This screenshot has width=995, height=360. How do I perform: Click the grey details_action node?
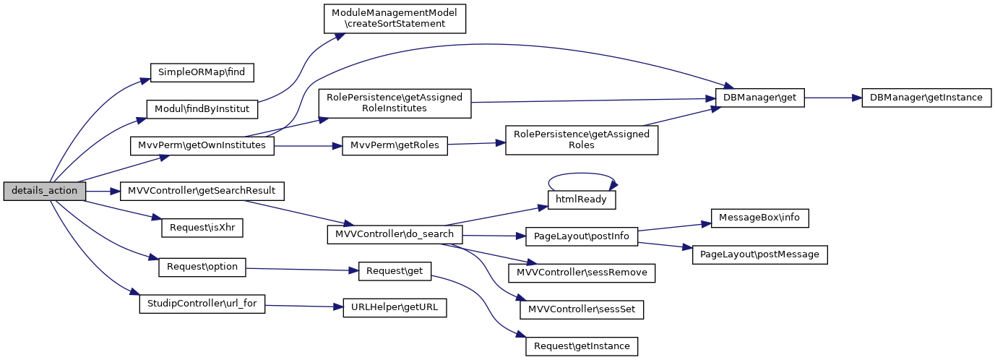(45, 191)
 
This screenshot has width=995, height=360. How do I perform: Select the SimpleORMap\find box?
(202, 72)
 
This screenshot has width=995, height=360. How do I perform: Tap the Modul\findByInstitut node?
(202, 109)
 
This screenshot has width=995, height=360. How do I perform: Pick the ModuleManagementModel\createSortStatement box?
(394, 18)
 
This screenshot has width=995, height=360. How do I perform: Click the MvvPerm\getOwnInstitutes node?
(202, 145)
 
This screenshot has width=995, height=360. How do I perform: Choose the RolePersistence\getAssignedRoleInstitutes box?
(395, 103)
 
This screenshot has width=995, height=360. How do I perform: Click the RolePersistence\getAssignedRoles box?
(582, 140)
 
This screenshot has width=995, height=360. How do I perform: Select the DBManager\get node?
(759, 98)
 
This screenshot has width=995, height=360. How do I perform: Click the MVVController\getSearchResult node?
(202, 191)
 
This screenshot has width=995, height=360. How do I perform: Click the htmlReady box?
(582, 198)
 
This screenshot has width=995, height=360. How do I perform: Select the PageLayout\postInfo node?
(582, 236)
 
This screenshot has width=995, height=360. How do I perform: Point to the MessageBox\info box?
(759, 217)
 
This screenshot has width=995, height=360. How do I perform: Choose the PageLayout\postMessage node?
(759, 254)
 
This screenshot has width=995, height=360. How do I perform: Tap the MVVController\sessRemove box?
(582, 273)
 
